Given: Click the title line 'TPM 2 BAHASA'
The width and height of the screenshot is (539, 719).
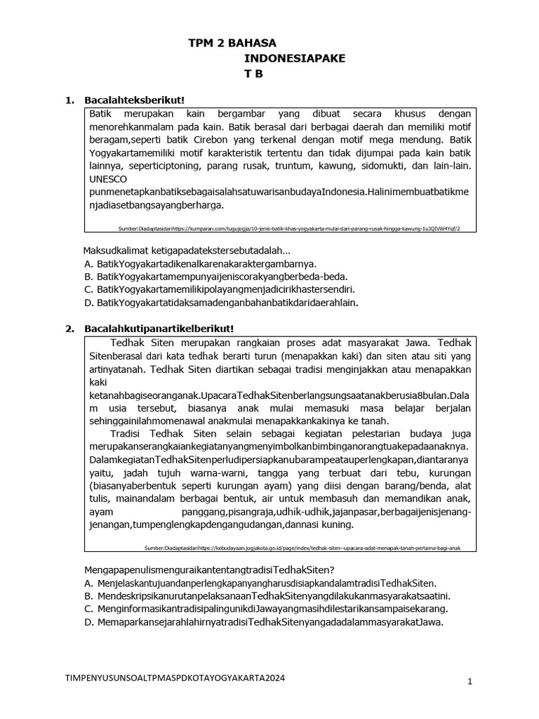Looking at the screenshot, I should point(233,43).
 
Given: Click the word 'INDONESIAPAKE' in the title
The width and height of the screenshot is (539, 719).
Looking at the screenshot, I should point(295,58).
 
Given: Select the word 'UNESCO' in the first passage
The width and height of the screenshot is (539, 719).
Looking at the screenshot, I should point(108,179).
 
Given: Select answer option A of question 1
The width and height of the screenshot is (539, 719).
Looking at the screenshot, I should point(200,264).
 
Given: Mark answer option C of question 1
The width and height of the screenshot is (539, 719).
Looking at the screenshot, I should point(219,289).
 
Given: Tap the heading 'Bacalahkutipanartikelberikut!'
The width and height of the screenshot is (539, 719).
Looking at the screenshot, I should point(159,328).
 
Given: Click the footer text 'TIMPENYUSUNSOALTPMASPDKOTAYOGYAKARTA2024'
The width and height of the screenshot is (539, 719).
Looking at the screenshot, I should point(175,679).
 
